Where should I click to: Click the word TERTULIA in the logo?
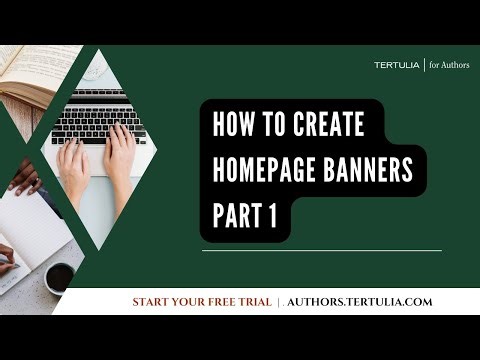pyautogui.click(x=398, y=65)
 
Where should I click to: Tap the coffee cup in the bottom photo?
pyautogui.click(x=59, y=276)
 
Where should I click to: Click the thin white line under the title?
pyautogui.click(x=320, y=250)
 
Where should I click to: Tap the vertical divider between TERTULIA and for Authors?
pyautogui.click(x=425, y=65)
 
